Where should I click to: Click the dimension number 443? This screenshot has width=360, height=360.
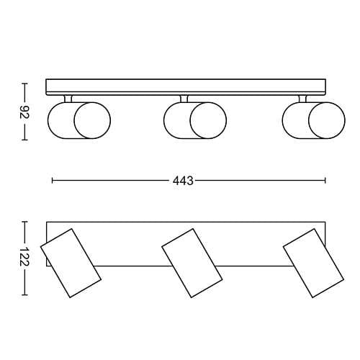[x=183, y=181]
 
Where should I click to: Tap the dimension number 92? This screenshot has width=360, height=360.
[x=24, y=112]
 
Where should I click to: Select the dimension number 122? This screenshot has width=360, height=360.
[x=24, y=257]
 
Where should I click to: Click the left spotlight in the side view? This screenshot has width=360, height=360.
[x=79, y=120]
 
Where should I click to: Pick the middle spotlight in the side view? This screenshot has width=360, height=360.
[x=195, y=120]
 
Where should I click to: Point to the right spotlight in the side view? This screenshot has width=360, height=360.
[x=314, y=120]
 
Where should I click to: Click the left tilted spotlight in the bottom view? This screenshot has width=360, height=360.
[x=71, y=263]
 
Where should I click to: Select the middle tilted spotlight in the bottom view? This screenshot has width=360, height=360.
[x=192, y=263]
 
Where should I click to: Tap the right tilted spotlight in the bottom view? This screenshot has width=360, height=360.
[x=313, y=263]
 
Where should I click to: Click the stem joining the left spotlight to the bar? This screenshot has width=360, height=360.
[x=68, y=99]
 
